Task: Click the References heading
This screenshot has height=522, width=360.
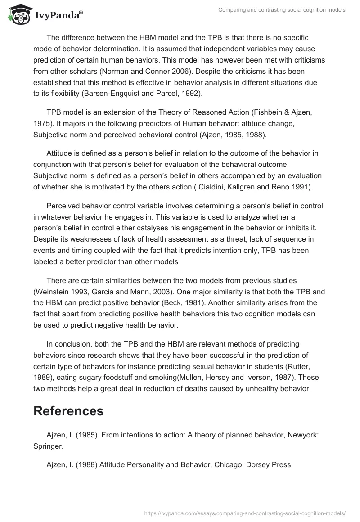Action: (x=68, y=410)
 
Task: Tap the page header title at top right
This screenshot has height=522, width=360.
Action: (x=281, y=10)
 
